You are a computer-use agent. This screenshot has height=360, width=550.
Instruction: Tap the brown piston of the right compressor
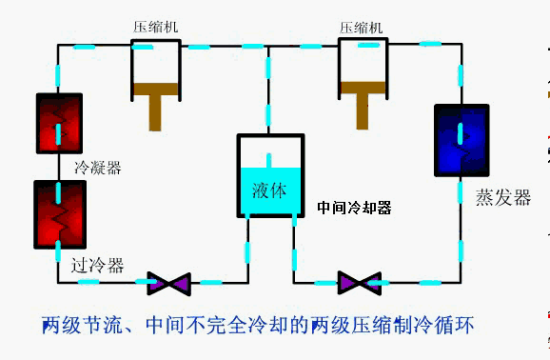(362, 101)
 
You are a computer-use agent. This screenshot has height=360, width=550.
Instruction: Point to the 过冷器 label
(97, 266)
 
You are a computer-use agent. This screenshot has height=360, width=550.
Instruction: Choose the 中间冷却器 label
(354, 207)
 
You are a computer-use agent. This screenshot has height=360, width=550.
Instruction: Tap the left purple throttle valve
(170, 283)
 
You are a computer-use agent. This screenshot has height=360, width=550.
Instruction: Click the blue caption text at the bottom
(258, 326)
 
